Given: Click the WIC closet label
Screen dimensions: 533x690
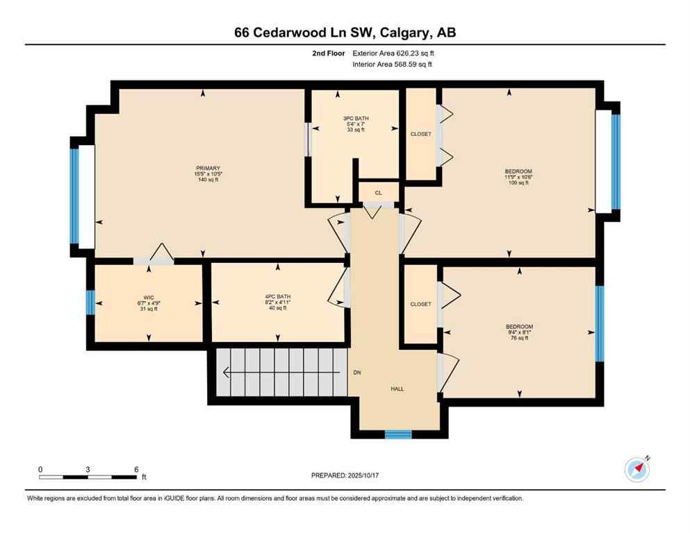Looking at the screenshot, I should click(x=149, y=303).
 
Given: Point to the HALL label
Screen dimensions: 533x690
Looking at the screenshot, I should click(x=397, y=389).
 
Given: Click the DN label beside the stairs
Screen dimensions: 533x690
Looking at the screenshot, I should click(x=356, y=373).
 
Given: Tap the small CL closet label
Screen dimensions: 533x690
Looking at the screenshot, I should click(x=378, y=192).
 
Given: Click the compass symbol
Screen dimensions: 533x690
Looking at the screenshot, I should click(x=636, y=470).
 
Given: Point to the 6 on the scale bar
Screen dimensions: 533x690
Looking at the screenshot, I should click(x=135, y=469).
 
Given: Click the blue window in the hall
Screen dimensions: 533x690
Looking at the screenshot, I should click(x=398, y=434).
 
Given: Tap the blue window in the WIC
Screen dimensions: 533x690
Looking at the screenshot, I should click(x=90, y=303).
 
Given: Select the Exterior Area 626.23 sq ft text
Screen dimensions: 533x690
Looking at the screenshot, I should click(x=394, y=53).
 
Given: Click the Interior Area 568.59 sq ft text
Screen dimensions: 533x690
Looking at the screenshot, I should click(x=394, y=65).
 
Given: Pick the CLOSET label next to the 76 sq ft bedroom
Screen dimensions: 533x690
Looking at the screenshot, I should click(x=420, y=304).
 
